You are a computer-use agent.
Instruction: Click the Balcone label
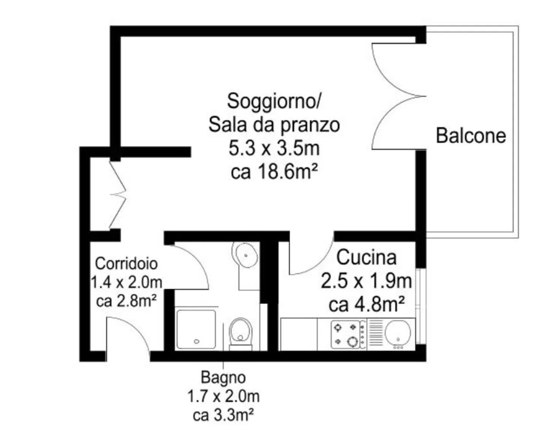point(471,136)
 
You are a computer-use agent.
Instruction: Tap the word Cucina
point(367,258)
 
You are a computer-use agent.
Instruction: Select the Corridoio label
point(126,263)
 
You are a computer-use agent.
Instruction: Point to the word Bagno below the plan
point(223,378)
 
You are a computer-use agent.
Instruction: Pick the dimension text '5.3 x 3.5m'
point(274,148)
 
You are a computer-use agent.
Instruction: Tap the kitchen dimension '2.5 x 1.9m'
point(366,281)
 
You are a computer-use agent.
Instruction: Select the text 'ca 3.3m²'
point(223,415)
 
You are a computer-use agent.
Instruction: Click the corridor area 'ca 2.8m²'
point(126,301)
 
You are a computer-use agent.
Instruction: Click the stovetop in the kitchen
point(348,335)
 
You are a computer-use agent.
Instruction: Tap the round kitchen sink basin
point(398,333)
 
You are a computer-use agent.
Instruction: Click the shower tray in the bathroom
point(196,330)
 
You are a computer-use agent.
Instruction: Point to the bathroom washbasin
point(245,255)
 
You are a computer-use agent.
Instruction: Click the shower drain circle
point(197,341)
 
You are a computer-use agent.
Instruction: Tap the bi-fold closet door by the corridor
point(118,195)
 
